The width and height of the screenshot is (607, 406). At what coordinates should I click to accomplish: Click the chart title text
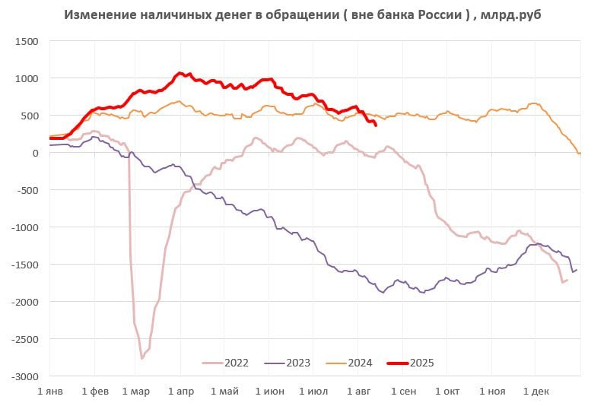pyautogui.click(x=303, y=15)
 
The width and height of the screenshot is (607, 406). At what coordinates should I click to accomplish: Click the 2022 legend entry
pyautogui.click(x=227, y=362)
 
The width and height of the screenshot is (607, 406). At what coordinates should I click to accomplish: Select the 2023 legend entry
pyautogui.click(x=288, y=362)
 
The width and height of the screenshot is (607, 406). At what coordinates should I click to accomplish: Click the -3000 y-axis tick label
pyautogui.click(x=25, y=376)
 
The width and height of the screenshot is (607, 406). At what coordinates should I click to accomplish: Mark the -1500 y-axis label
pyautogui.click(x=25, y=265)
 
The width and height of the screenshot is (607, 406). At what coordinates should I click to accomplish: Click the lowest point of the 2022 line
pyautogui.click(x=141, y=358)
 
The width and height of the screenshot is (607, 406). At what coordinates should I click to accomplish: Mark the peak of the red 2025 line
pyautogui.click(x=180, y=73)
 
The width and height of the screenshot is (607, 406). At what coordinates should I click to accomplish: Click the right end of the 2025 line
pyautogui.click(x=376, y=125)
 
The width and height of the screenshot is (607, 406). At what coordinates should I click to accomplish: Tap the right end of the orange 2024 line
pyautogui.click(x=580, y=154)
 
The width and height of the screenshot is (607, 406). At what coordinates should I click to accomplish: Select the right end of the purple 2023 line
pyautogui.click(x=576, y=269)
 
